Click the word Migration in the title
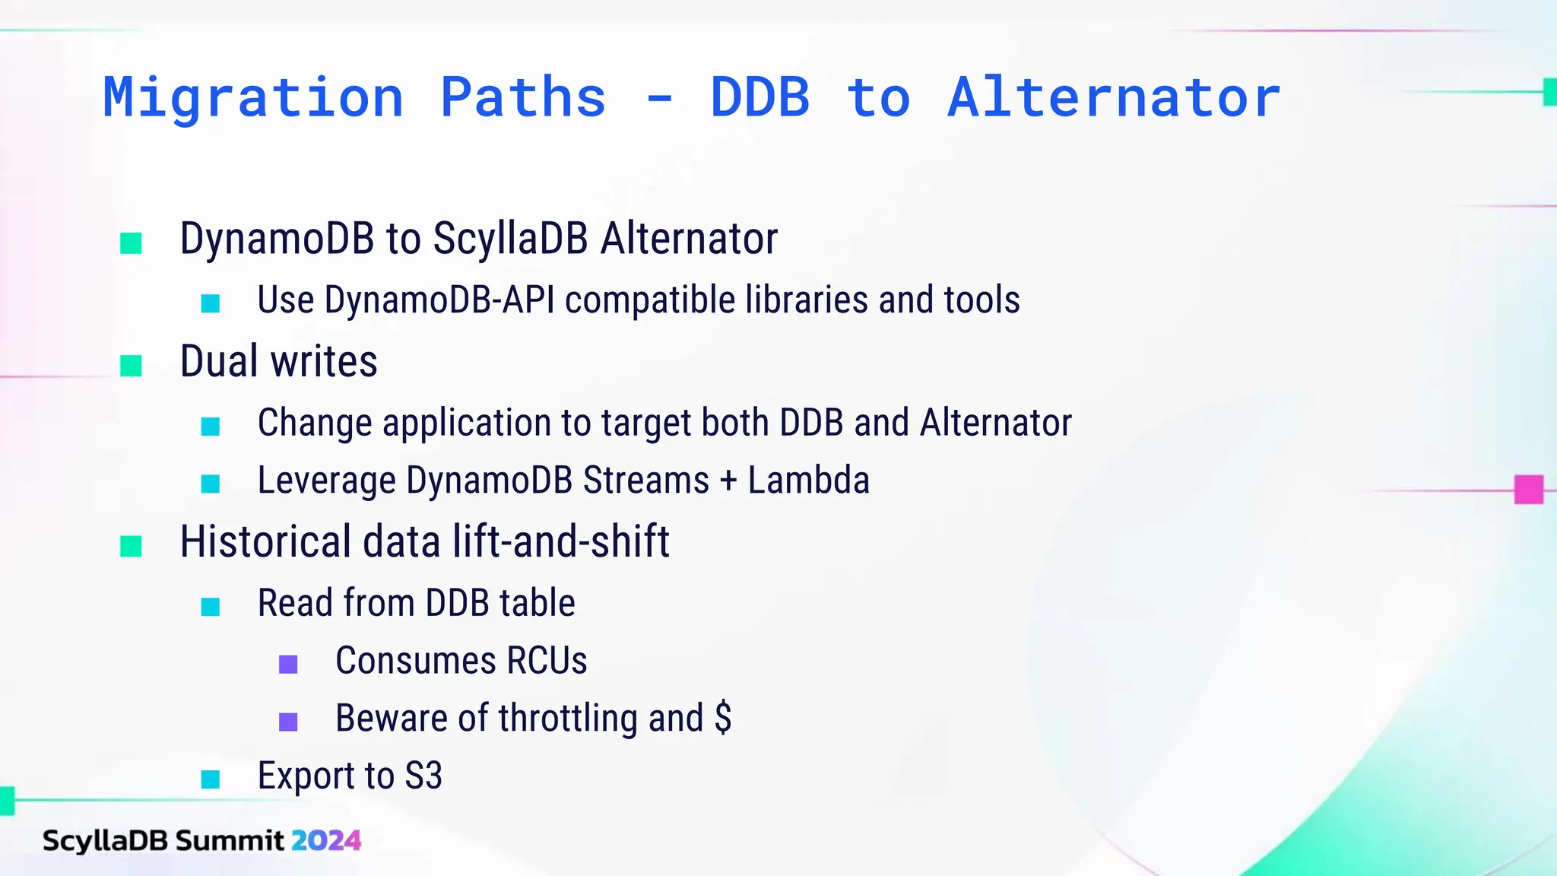[253, 99]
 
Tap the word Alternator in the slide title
[1114, 99]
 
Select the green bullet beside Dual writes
[132, 366]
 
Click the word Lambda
[808, 481]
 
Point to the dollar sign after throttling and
[723, 718]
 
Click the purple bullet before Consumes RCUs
[288, 664]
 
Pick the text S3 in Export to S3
[423, 776]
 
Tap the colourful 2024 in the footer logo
[326, 840]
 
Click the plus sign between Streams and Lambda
[728, 481]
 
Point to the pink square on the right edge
[1528, 490]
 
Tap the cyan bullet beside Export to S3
[211, 779]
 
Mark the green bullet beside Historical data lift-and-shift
[132, 546]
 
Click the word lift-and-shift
[561, 542]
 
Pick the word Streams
[646, 481]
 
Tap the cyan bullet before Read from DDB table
[211, 606]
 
